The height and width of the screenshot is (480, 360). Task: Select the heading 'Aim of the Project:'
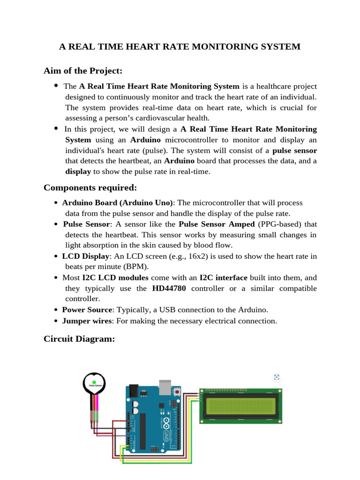(x=83, y=71)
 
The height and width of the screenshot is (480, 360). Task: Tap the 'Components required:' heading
(x=90, y=187)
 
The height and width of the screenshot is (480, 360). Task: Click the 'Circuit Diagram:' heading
(x=79, y=338)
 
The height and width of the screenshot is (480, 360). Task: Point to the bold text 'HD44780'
(x=169, y=288)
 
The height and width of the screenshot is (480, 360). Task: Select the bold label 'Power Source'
(x=87, y=310)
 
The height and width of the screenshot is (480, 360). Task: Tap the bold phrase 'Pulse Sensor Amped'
(x=217, y=224)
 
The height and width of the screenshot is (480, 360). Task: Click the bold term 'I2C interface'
(x=223, y=277)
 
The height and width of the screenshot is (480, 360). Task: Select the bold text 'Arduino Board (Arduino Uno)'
(x=118, y=202)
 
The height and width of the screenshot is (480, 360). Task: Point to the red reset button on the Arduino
(x=177, y=390)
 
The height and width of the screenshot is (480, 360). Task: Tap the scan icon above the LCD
(x=277, y=377)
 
